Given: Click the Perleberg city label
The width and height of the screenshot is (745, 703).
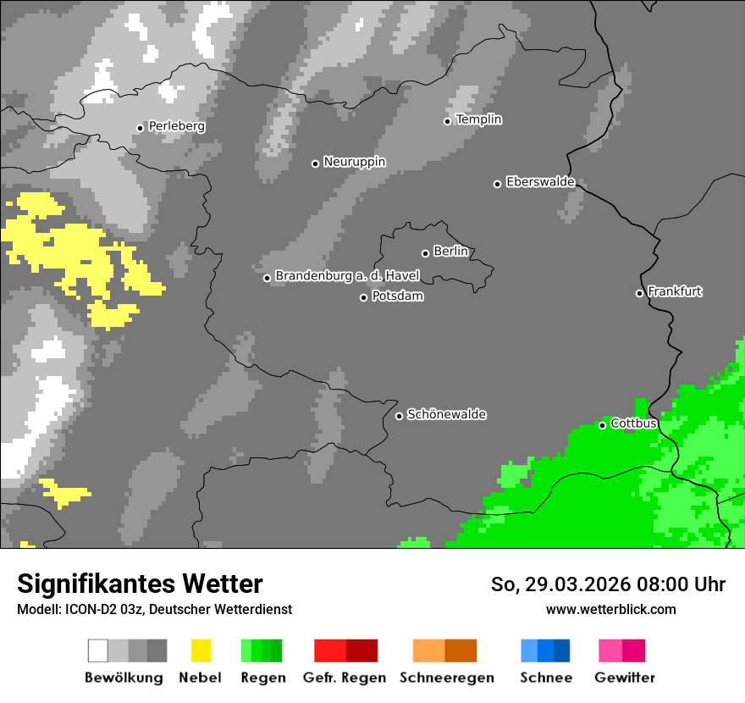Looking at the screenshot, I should tap(176, 126).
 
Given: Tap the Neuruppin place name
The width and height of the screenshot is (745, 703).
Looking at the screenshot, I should tap(354, 162).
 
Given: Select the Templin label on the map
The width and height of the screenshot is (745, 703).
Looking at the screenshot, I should tap(478, 119).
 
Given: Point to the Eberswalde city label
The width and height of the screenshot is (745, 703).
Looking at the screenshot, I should tap(540, 182).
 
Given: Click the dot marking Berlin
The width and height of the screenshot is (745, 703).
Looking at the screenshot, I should tap(425, 253).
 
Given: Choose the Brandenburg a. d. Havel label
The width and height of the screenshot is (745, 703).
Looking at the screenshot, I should tap(347, 276).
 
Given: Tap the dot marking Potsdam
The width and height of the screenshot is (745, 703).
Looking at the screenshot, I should tap(364, 297).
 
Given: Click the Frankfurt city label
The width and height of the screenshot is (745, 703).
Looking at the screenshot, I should tap(675, 291).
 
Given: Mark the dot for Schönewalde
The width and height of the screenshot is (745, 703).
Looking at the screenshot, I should tap(400, 416).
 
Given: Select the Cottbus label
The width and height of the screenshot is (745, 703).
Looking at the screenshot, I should tap(633, 423).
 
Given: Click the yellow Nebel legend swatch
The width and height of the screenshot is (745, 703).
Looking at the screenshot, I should tap(201, 650).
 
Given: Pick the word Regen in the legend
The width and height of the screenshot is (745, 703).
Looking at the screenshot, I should tap(262, 678).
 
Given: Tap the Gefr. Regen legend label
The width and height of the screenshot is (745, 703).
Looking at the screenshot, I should tap(345, 678).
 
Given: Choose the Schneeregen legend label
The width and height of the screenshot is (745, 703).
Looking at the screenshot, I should tap(446, 678).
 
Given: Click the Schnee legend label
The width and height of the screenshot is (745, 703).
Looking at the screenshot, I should tap(546, 678).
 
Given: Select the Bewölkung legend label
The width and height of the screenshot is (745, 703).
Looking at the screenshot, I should tap(124, 678).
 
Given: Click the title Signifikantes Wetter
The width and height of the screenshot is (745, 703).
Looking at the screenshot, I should tap(140, 584).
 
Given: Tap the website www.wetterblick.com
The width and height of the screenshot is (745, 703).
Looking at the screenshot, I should tap(610, 609).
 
